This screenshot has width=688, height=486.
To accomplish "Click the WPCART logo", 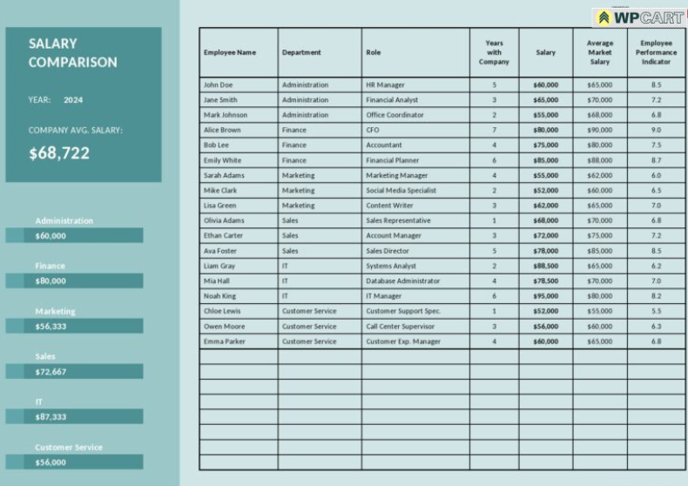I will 639,17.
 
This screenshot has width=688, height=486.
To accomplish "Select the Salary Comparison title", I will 72,52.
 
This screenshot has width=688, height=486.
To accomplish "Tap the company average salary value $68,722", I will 59,153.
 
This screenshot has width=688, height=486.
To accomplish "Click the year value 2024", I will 73,100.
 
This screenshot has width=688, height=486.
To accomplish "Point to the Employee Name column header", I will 230,52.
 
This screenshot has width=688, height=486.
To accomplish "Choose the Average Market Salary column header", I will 599,52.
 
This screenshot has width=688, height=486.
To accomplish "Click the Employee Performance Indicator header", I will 656,52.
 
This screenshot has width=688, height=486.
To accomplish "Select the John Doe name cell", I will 219,85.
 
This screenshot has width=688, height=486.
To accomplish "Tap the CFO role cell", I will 373,130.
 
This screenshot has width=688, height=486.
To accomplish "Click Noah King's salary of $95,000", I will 545,296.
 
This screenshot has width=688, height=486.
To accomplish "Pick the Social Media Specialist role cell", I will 401,191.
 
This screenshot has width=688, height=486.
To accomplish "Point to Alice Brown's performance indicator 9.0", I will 656,130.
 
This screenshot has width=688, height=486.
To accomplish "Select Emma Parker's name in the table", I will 225,341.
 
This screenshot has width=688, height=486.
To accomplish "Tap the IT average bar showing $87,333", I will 74,417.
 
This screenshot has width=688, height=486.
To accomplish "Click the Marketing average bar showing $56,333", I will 74,327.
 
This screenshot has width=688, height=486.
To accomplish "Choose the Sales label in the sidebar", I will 45,356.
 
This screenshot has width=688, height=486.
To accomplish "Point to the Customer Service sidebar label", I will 69,447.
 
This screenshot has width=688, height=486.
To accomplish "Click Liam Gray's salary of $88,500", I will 545,266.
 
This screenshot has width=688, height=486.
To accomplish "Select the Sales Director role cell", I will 388,251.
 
